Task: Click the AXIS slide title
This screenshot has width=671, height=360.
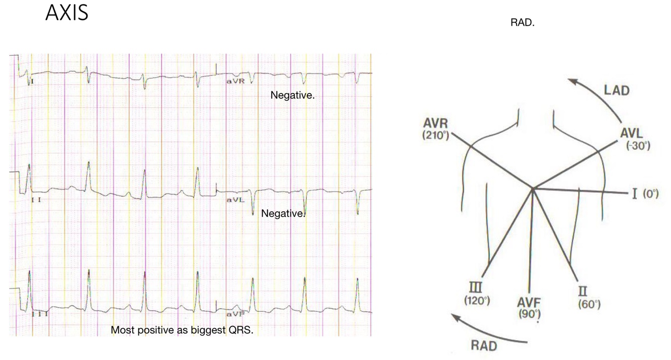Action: click(x=67, y=13)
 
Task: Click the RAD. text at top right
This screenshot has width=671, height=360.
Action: click(x=522, y=24)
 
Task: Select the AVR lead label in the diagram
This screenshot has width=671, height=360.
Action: click(x=436, y=124)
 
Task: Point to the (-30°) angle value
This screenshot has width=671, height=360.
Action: click(x=638, y=146)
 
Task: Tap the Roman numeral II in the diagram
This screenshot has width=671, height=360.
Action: click(x=584, y=292)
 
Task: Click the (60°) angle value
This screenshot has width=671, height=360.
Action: click(x=589, y=304)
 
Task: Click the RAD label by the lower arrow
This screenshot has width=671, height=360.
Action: click(x=484, y=346)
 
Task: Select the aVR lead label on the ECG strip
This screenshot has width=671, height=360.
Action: click(x=235, y=81)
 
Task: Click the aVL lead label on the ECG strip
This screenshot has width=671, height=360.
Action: click(x=235, y=200)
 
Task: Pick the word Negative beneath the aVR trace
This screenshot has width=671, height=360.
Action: click(x=292, y=95)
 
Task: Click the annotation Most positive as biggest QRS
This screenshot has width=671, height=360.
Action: click(x=182, y=330)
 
